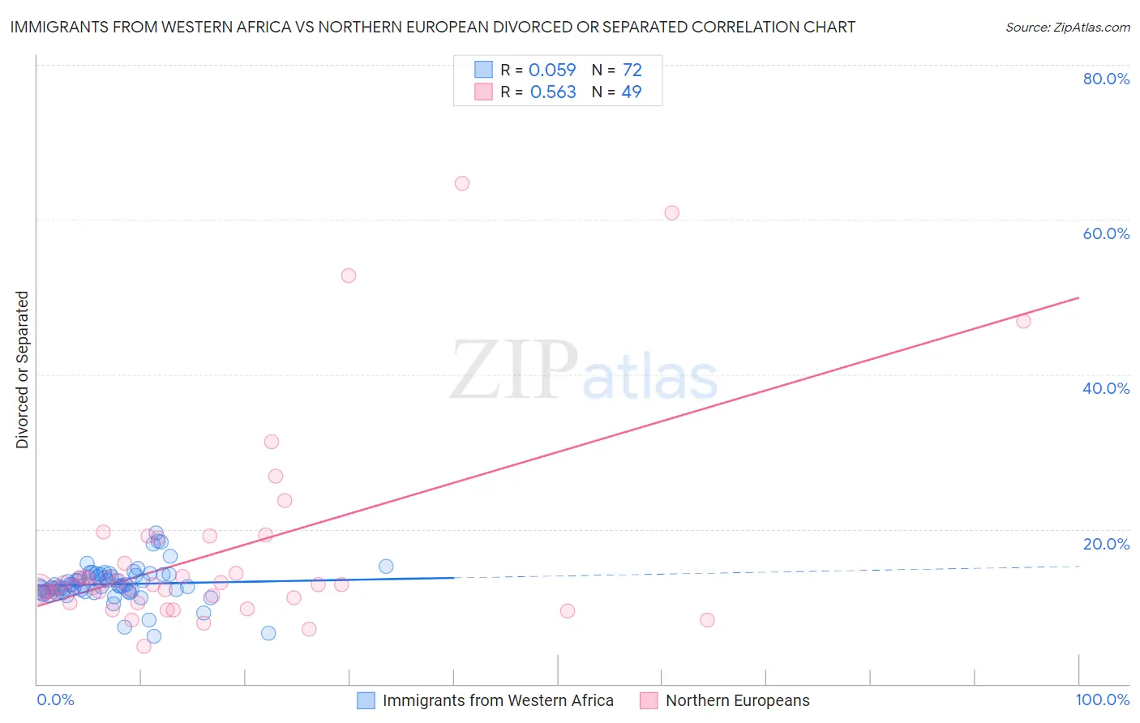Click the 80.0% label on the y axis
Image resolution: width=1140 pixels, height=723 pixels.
click(x=1106, y=79)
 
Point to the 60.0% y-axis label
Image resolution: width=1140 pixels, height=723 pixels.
click(x=1106, y=233)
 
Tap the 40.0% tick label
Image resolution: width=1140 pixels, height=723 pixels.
click(x=1106, y=388)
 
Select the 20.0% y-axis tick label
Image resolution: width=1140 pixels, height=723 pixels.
click(x=1106, y=544)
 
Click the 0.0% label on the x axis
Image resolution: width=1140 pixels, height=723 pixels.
click(x=55, y=699)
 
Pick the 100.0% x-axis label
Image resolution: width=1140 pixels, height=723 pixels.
click(x=1102, y=699)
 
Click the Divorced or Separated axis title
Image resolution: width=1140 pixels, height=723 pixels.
click(x=22, y=370)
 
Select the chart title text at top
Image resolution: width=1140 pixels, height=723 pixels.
click(x=432, y=27)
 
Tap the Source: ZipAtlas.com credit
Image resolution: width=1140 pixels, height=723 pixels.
click(x=1067, y=27)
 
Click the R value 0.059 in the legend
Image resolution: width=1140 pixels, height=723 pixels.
click(x=551, y=71)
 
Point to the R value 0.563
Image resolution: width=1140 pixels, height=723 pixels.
click(x=552, y=92)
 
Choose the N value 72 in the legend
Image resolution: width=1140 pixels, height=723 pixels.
click(x=632, y=71)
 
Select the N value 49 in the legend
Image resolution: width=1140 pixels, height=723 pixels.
click(x=631, y=92)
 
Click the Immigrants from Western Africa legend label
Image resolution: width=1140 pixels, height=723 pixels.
click(x=497, y=700)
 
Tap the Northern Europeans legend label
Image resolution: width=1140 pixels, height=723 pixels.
click(x=737, y=700)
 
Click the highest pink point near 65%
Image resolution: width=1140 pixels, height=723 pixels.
click(x=462, y=183)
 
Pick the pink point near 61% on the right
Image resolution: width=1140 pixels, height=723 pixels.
click(x=671, y=213)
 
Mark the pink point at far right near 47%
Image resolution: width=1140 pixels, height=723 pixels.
click(x=1023, y=321)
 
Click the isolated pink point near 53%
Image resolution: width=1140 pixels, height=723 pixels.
click(x=349, y=276)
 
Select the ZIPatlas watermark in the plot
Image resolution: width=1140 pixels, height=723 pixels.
click(x=584, y=371)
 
